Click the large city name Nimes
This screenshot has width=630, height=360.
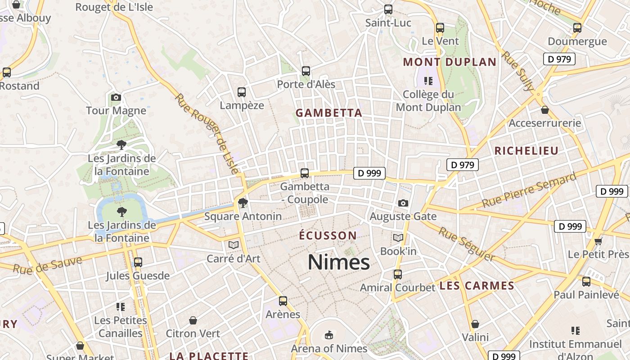point(338,262)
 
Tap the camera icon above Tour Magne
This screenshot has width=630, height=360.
point(116,97)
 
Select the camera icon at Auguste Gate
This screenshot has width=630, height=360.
point(403,203)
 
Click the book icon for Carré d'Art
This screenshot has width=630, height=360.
point(233,245)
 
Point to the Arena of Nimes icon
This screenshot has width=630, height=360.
point(329,335)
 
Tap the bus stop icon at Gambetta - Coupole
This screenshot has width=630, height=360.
point(305,173)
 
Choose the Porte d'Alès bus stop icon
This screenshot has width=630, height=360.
point(306,71)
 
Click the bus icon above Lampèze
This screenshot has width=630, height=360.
point(242,92)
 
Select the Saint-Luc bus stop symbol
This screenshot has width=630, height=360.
point(388,9)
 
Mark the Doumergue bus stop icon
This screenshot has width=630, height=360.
point(577,28)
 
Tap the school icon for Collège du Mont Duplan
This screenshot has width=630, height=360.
point(428,81)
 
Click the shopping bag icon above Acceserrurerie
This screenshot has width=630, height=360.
point(545,110)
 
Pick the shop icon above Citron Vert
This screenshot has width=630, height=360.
point(193,320)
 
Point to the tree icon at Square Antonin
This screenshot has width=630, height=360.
point(243,203)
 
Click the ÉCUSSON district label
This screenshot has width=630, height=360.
point(328,235)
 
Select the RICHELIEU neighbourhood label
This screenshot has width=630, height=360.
point(526,151)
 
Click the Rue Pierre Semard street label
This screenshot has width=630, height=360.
point(529,189)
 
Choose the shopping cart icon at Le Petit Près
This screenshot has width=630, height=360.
point(598,241)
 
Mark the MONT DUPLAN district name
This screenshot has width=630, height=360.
point(450,62)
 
